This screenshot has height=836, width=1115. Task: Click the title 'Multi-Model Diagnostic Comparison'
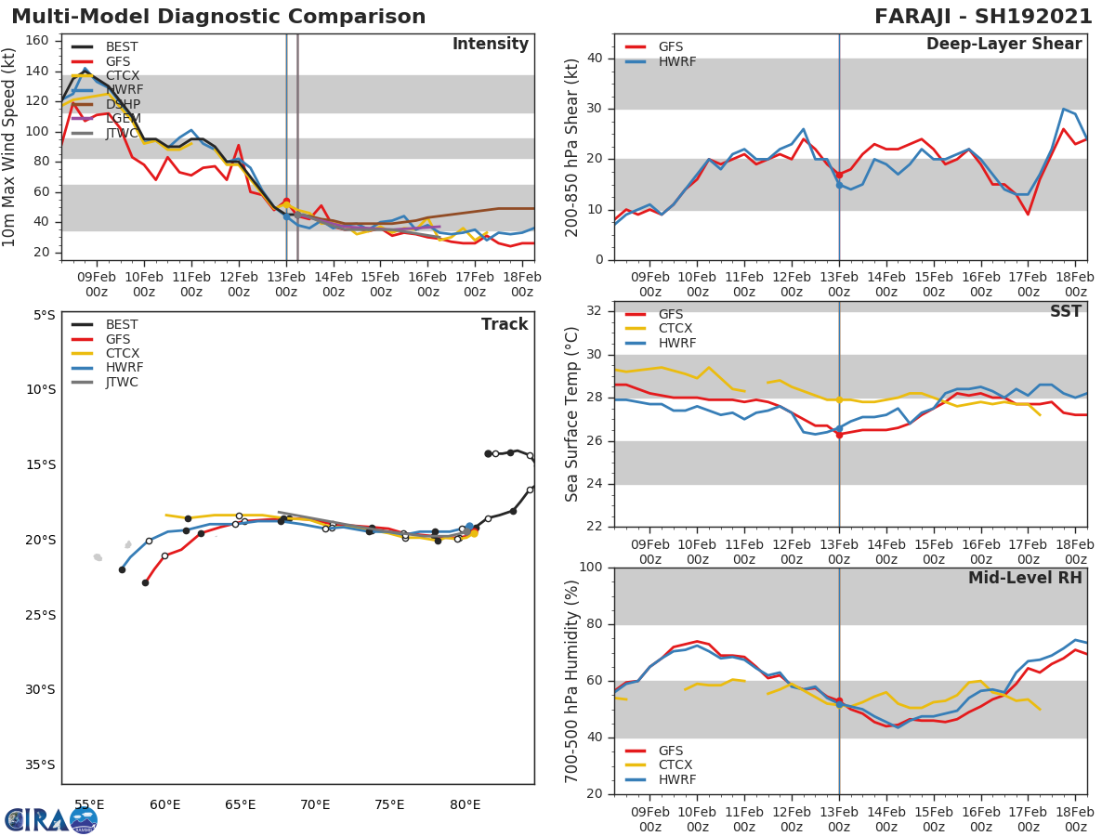(x=218, y=17)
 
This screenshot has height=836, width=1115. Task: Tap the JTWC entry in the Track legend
(x=122, y=382)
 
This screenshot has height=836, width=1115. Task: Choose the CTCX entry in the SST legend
(x=676, y=329)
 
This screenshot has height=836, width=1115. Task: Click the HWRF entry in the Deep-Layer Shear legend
(x=676, y=61)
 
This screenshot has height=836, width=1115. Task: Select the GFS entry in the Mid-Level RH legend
(x=676, y=751)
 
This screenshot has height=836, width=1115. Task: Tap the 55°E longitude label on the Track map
(x=89, y=804)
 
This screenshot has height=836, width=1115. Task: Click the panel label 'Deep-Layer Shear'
(x=1003, y=45)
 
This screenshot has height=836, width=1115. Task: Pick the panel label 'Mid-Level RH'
(x=1025, y=578)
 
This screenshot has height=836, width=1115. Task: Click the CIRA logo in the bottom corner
(x=51, y=820)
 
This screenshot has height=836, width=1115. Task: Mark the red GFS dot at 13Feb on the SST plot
(x=839, y=434)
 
